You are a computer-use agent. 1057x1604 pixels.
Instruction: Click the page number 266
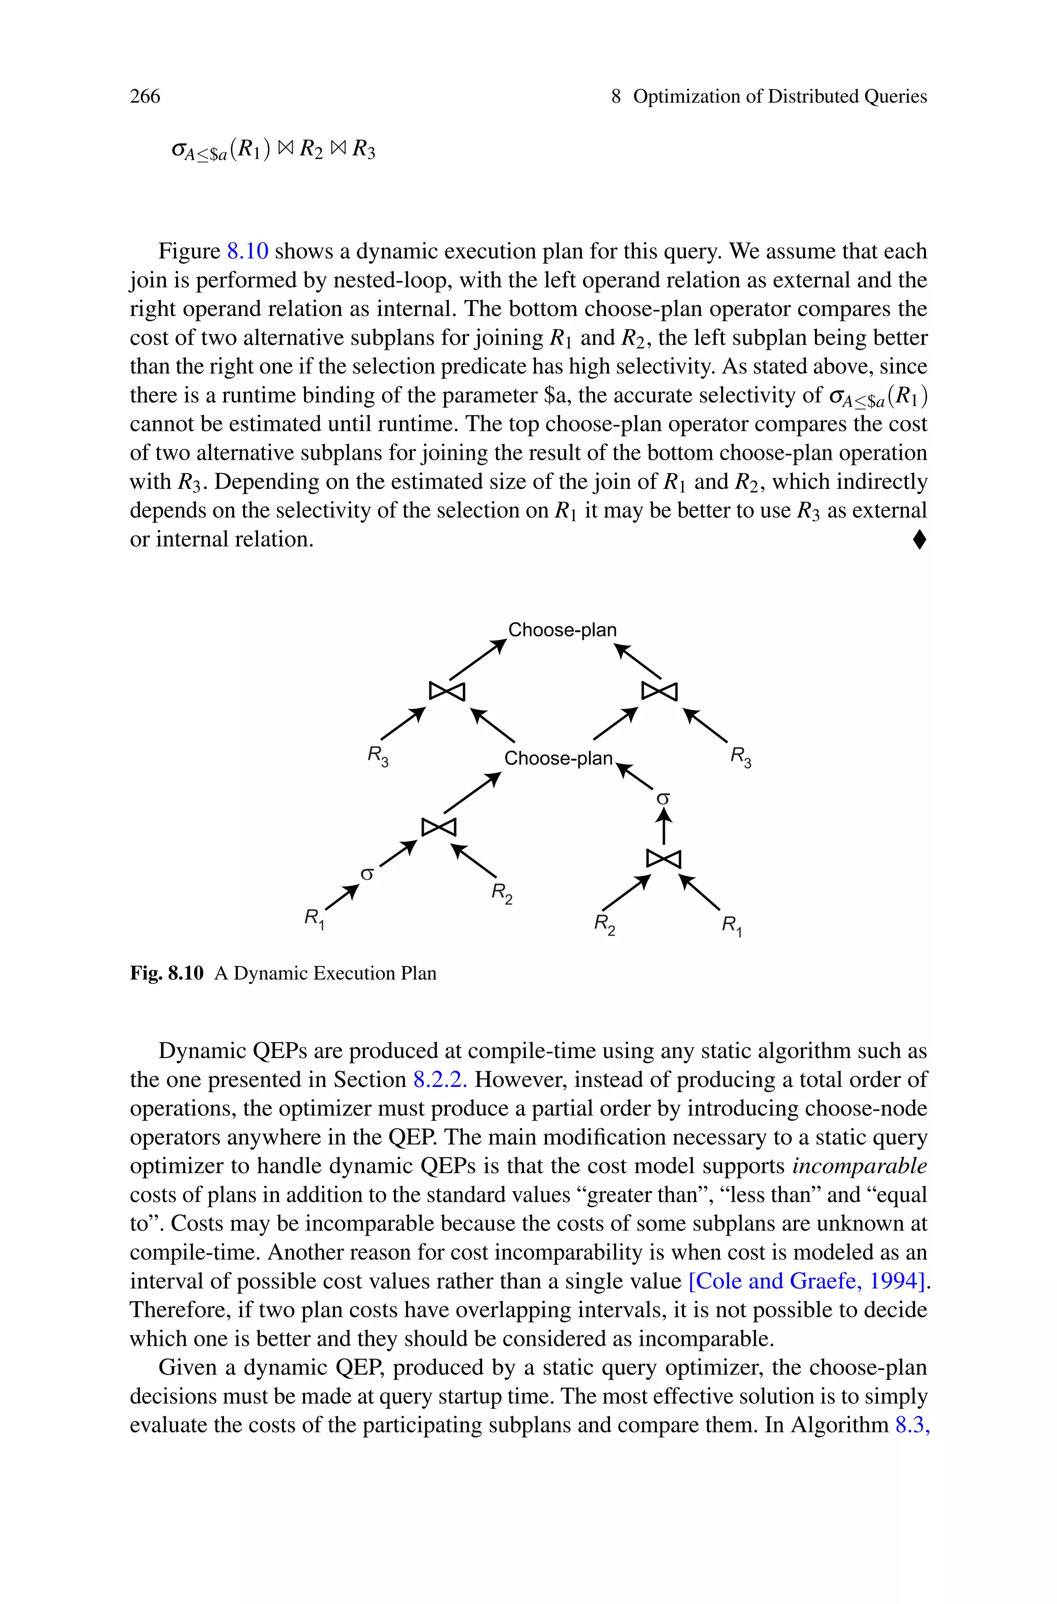point(145,97)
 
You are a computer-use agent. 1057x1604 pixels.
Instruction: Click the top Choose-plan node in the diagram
point(562,630)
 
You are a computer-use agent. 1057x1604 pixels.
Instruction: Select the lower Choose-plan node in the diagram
point(558,758)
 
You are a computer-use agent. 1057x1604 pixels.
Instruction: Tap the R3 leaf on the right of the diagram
point(741,757)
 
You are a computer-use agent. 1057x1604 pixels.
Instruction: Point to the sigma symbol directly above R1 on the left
point(367,874)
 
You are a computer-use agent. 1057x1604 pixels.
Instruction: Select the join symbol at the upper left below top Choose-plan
point(447,691)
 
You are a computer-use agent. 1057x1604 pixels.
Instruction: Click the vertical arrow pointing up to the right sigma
point(664,827)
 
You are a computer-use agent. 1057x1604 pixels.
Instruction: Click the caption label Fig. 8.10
point(167,973)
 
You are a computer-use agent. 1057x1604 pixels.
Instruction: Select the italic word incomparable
point(859,1165)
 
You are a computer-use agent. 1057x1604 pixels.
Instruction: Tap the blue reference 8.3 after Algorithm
point(912,1425)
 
